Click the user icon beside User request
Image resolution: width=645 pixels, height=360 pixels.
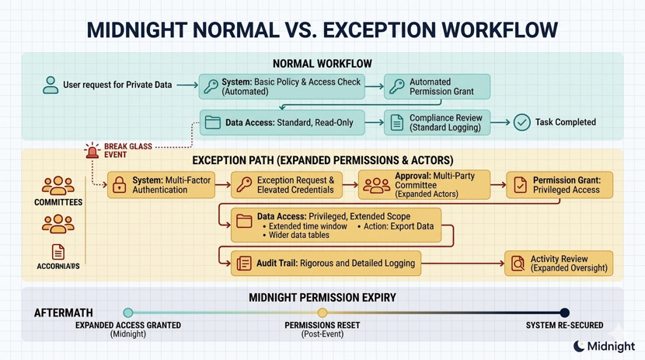coord(51,85)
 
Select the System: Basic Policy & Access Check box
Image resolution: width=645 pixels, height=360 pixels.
coord(281,86)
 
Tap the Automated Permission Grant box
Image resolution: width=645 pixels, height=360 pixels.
coord(438,86)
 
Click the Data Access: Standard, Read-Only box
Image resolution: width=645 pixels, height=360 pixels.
coord(282,123)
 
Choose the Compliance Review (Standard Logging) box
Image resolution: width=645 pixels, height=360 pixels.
coord(438,123)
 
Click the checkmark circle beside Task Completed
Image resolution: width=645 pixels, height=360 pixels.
coord(521,122)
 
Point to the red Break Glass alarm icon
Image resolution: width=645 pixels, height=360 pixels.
coord(92,150)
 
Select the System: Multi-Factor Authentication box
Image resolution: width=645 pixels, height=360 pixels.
coord(162,185)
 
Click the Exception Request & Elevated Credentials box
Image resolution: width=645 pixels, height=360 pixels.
coord(287,185)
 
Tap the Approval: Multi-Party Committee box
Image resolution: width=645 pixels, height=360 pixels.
coord(424,185)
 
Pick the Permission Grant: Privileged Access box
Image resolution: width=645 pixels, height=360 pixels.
coord(560,185)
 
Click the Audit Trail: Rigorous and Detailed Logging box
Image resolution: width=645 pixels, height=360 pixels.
coord(327,264)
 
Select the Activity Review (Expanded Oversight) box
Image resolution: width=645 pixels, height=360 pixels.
coord(559,264)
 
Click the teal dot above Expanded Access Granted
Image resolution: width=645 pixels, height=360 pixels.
coord(128,313)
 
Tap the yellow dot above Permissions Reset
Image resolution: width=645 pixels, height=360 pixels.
coord(322,313)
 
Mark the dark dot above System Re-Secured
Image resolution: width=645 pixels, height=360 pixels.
coord(565,313)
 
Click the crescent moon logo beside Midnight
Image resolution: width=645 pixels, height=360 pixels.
coord(579,346)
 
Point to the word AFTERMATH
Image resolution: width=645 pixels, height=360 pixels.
coord(64,313)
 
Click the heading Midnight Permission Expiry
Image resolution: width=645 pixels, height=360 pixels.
coord(322,298)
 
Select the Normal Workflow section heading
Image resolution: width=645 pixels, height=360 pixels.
coord(322,64)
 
